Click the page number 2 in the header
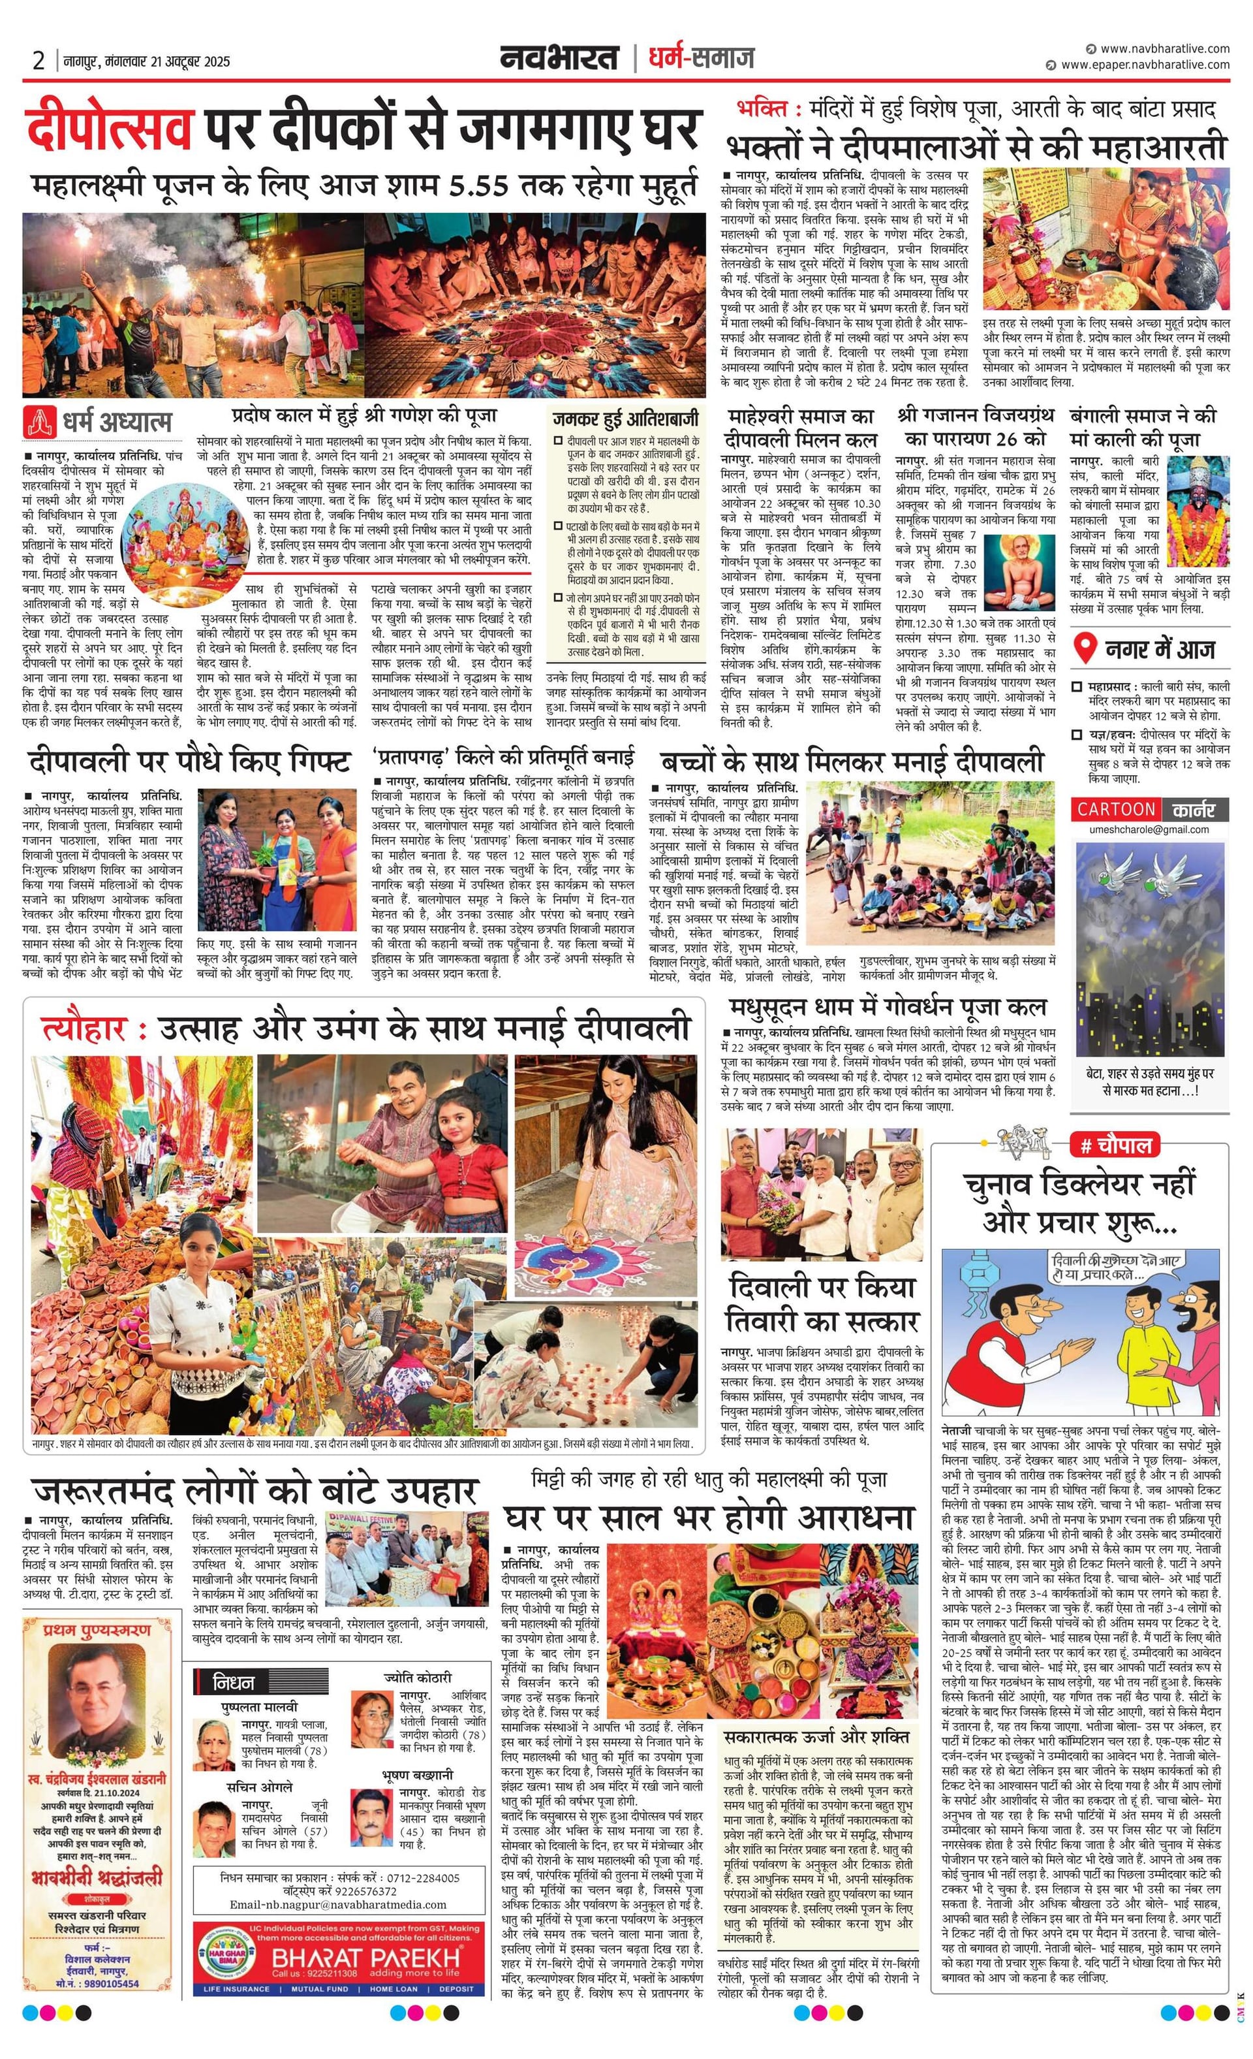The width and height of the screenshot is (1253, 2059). [39, 60]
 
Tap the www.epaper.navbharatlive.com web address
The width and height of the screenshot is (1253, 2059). [1145, 65]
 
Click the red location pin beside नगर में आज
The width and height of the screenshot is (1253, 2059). [1084, 648]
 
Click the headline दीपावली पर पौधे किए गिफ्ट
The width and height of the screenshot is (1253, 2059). [190, 761]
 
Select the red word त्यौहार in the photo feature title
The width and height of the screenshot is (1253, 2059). [84, 1028]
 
